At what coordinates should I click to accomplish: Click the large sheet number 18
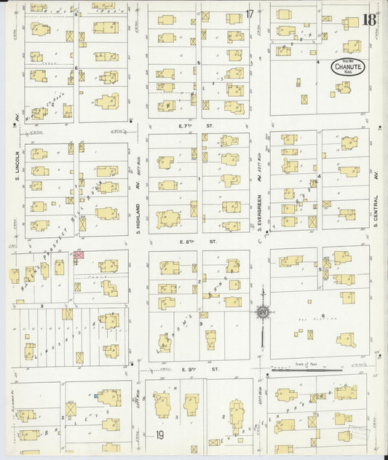point(369,19)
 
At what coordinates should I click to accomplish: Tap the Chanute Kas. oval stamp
point(346,68)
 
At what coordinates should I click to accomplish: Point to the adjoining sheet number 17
point(250,13)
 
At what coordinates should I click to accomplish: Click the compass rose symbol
point(261,312)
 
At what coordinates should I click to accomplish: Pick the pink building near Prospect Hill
point(77,254)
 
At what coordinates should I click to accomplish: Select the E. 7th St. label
point(199,125)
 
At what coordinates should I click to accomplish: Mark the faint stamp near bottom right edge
point(359,433)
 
